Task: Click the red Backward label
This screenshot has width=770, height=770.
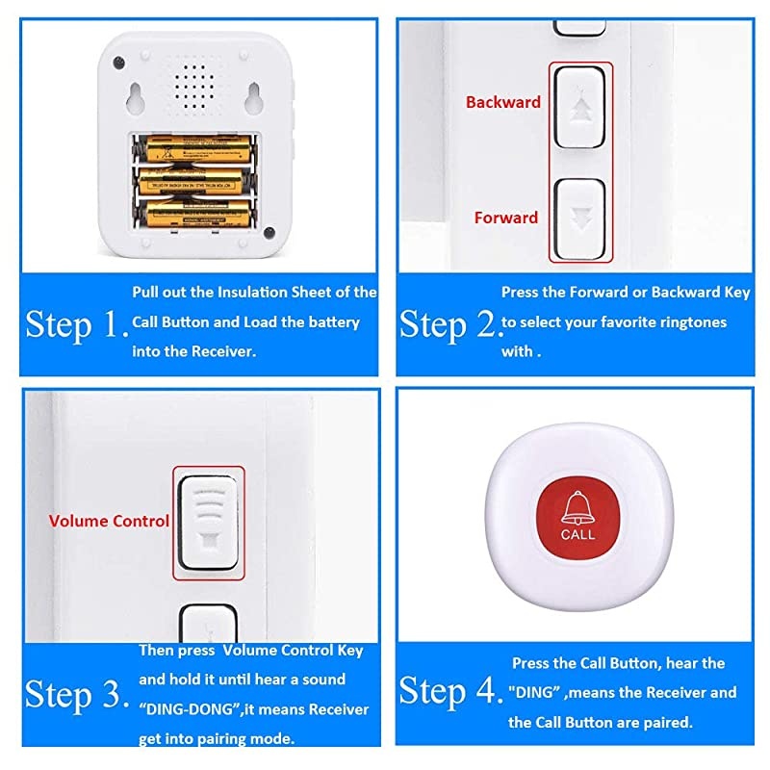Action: tap(502, 102)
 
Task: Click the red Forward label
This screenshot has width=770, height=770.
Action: tap(505, 218)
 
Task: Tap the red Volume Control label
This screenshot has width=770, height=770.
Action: tap(109, 521)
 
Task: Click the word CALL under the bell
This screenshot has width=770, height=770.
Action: tap(577, 534)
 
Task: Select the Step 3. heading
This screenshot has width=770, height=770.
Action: tap(76, 693)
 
